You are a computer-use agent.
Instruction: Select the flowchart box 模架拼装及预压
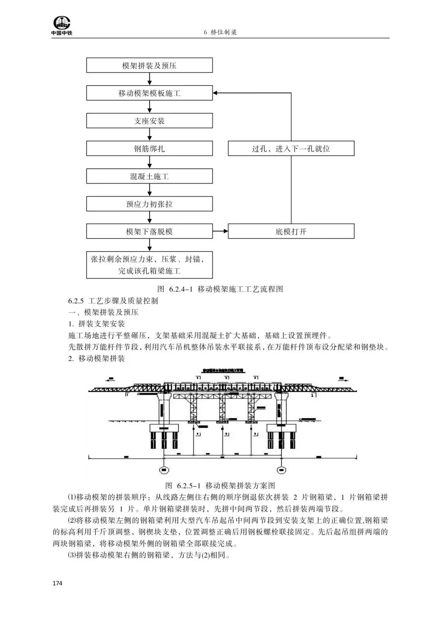click(149, 65)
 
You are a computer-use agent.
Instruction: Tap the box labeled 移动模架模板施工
click(149, 93)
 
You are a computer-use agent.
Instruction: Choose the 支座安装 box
click(149, 121)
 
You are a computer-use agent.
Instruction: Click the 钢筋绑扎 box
click(149, 149)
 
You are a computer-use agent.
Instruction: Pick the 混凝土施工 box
click(149, 177)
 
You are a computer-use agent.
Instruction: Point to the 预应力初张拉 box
click(149, 204)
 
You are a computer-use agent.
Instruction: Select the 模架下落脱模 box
click(149, 232)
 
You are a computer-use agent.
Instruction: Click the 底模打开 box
click(291, 232)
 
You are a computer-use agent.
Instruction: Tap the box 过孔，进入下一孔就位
click(291, 149)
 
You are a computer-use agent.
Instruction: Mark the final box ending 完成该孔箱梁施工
click(149, 265)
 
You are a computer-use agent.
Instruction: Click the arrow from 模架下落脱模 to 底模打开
click(220, 232)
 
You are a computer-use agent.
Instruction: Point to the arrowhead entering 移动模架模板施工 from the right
click(216, 93)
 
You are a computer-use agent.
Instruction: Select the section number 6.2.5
click(76, 301)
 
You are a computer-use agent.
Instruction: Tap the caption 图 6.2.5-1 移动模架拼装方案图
click(220, 485)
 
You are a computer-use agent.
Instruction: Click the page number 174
click(57, 583)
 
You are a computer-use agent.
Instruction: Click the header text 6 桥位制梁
click(220, 33)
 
